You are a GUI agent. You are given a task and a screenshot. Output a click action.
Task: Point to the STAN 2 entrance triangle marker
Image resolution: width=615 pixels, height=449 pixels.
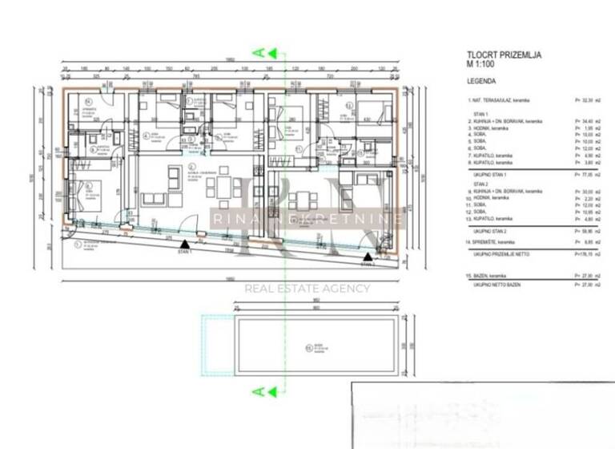[x=366, y=257]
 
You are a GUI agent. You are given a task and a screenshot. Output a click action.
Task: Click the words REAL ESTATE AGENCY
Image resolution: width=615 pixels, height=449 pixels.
[x=307, y=289]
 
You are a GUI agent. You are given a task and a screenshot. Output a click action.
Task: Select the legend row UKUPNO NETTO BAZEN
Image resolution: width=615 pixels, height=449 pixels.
[x=492, y=285]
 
